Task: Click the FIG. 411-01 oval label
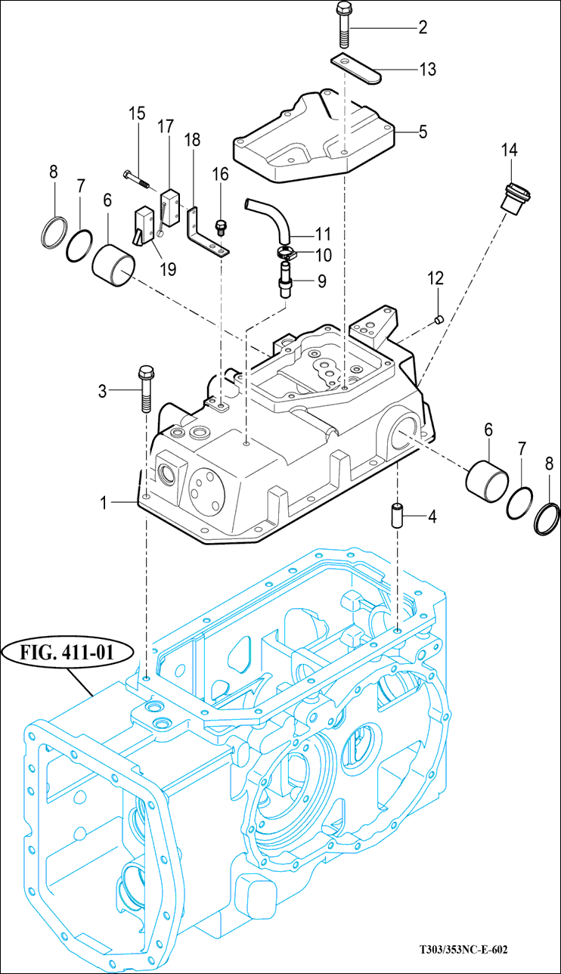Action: point(67,653)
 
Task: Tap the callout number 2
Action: point(423,27)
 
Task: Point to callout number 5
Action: point(423,132)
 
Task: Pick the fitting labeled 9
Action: point(285,279)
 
